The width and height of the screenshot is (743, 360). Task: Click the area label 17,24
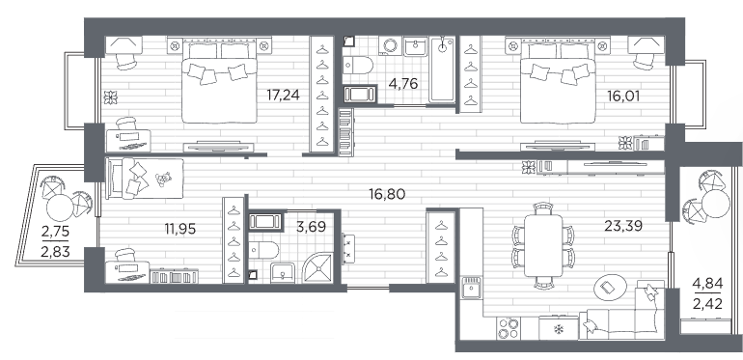[x=284, y=96]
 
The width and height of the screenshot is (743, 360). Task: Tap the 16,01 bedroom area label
[x=623, y=97]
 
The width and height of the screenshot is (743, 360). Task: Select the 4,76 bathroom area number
[x=402, y=84]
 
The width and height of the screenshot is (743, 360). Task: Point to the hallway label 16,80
[x=387, y=194]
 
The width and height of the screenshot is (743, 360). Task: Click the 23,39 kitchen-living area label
[x=623, y=226]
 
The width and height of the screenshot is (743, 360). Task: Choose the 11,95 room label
[x=180, y=230]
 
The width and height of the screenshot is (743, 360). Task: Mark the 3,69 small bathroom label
[x=311, y=227]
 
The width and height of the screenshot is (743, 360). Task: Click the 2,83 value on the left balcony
[x=55, y=251]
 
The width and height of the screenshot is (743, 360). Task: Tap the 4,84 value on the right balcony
[x=707, y=284]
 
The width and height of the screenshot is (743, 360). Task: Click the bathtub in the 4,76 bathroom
[x=442, y=69]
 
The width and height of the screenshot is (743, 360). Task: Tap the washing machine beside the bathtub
[x=391, y=46]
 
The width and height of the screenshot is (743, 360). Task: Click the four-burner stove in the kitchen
[x=508, y=328]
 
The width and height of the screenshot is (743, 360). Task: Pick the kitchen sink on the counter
[x=472, y=288]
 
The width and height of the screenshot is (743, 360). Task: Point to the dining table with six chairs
[x=543, y=245]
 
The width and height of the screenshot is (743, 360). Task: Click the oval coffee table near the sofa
[x=610, y=287]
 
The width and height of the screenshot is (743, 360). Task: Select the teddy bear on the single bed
[x=163, y=179]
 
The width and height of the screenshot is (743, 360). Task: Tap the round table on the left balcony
[x=60, y=208]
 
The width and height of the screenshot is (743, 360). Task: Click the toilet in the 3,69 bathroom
[x=264, y=249]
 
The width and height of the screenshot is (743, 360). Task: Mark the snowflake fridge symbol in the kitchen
[x=559, y=329]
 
